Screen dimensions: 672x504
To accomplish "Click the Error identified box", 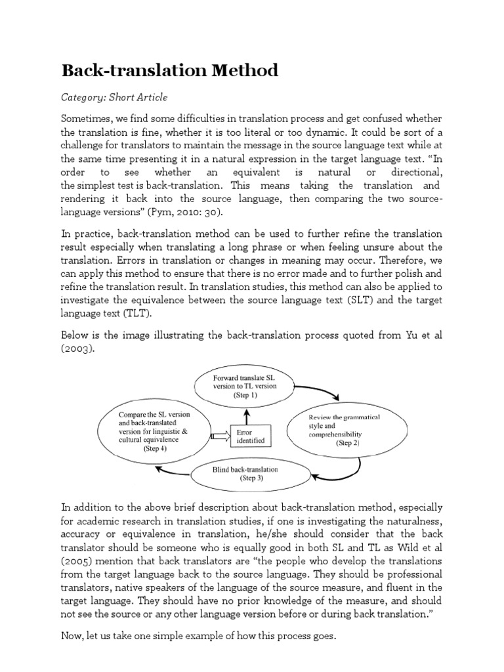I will [247, 436].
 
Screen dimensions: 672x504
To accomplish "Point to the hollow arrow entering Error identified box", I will [219, 435].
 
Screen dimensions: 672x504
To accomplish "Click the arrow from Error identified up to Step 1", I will [247, 415].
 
